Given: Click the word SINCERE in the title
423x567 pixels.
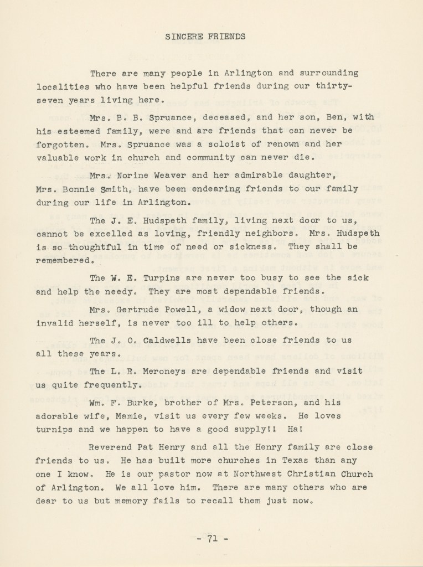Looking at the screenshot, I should [x=182, y=38].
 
